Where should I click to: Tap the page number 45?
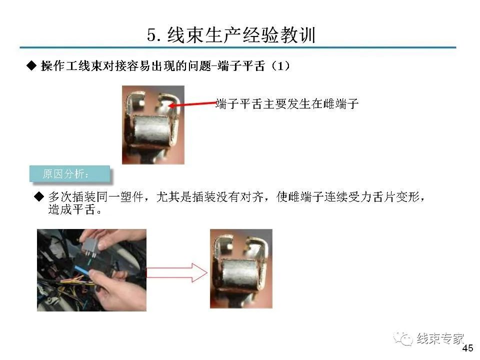(x=468, y=348)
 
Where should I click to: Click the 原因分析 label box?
(x=69, y=174)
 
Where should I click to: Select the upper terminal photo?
(x=153, y=125)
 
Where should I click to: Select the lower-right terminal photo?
(x=241, y=268)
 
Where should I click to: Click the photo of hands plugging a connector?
(x=91, y=270)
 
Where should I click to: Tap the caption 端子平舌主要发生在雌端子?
(x=287, y=104)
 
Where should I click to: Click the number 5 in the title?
(x=152, y=35)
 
